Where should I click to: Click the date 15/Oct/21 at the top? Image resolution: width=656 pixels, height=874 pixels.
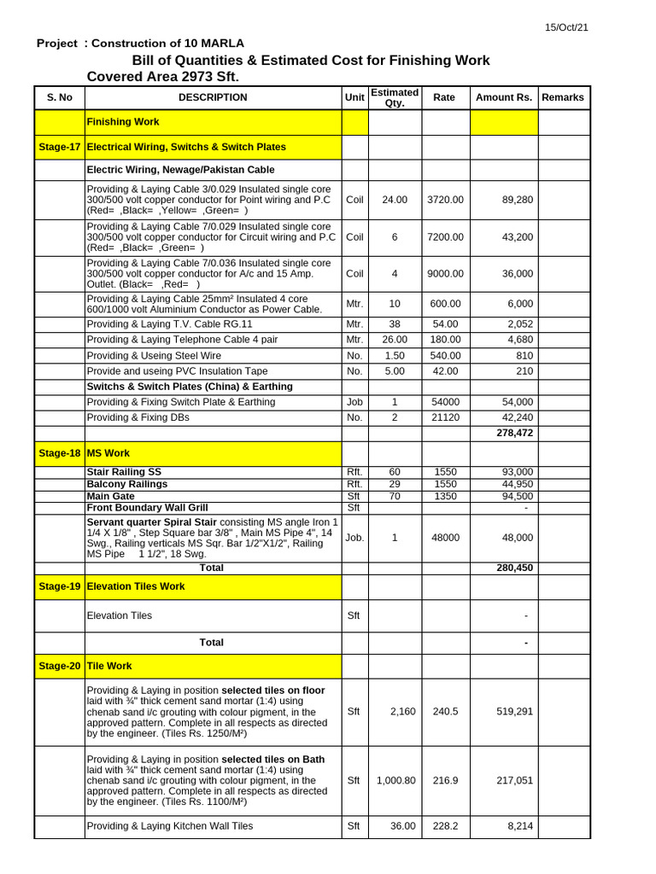click(566, 27)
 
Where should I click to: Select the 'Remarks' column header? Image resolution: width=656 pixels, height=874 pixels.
click(563, 97)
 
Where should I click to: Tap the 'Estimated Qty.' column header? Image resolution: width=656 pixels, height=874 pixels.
click(394, 97)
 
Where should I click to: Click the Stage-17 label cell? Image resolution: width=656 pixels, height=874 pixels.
click(60, 147)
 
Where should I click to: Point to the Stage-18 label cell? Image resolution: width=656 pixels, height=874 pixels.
click(60, 453)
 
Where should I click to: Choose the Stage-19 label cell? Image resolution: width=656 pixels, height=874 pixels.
click(60, 586)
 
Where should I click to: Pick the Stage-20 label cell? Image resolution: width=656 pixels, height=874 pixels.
click(60, 666)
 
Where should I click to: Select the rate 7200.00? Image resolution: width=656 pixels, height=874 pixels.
click(445, 236)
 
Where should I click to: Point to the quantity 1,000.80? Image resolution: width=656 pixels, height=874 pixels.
click(395, 780)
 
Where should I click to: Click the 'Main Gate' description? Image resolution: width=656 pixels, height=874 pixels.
click(110, 496)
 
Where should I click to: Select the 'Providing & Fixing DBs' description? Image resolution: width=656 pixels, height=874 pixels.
click(138, 417)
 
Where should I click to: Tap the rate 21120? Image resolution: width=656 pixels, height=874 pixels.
click(445, 417)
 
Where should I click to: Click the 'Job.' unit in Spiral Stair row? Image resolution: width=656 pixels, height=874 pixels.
click(354, 538)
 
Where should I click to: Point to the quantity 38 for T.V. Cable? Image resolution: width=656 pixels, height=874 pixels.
click(395, 324)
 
